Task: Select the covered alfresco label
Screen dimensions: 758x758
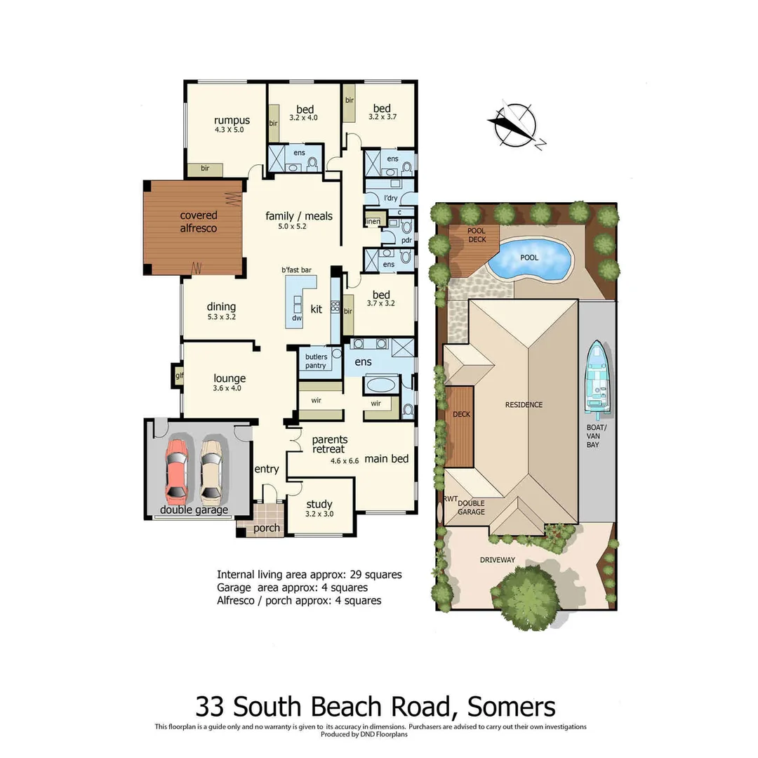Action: click(x=199, y=222)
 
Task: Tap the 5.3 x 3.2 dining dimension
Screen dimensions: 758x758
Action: click(x=221, y=317)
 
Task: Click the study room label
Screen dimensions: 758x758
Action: click(x=319, y=504)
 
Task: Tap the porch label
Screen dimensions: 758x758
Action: click(x=267, y=528)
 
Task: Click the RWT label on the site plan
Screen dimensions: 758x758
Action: click(x=451, y=499)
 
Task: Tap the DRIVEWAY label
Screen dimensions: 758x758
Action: click(x=498, y=559)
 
